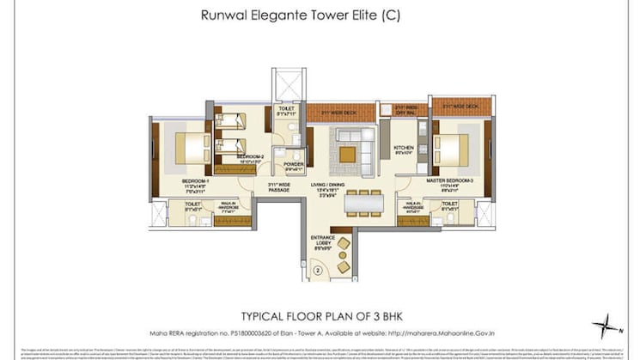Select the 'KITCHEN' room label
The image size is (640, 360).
click(404, 147)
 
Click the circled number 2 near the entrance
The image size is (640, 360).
click(317, 270)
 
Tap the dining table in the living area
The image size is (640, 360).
click(363, 200)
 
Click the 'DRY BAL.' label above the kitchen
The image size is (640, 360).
click(404, 110)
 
